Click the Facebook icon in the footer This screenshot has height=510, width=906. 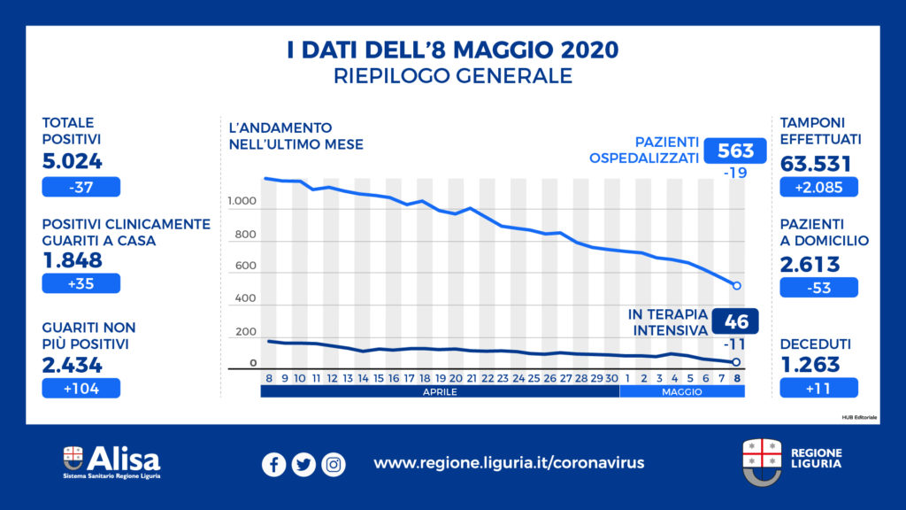pos(274,464)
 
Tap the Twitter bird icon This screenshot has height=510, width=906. pos(303,464)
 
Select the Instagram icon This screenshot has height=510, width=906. pos(334,464)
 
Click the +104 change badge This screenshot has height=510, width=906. pos(81,388)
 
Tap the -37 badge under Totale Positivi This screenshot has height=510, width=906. pos(81,187)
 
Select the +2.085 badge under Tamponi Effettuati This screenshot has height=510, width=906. pos(818,187)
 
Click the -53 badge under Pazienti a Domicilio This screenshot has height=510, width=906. pos(818,288)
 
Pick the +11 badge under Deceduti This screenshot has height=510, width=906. pos(818,388)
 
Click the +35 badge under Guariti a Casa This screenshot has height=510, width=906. pos(81,283)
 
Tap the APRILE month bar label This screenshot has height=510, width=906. pos(440,391)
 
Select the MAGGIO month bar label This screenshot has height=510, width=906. pos(681,391)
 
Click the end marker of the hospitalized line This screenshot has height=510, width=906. pos(736,286)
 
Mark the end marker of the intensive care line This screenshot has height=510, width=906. pos(736,363)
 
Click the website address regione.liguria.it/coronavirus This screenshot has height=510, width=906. pos(509,463)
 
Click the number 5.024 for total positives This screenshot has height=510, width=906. pos(73,162)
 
